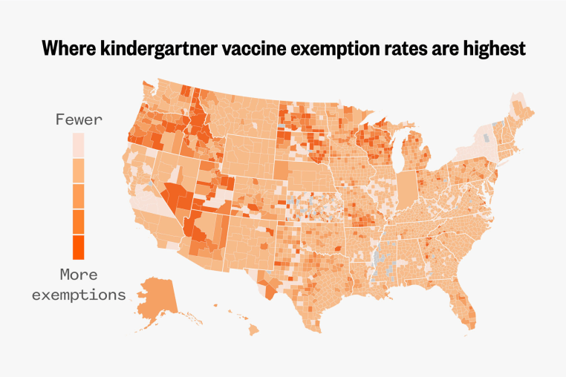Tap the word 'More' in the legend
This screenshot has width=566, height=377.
(x=79, y=275)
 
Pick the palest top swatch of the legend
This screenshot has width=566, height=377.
(x=78, y=145)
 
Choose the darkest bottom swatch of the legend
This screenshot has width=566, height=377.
(x=78, y=246)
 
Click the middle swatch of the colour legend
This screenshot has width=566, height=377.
(x=78, y=196)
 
